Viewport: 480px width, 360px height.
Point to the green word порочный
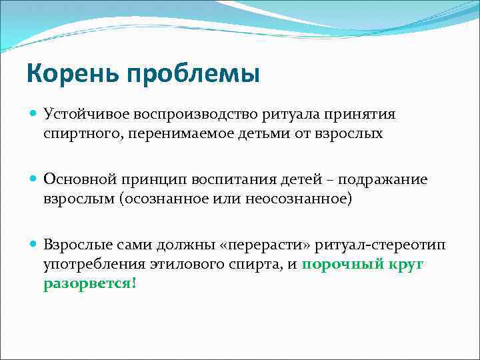coord(340,264)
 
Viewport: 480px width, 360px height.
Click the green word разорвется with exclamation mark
coord(91,283)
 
